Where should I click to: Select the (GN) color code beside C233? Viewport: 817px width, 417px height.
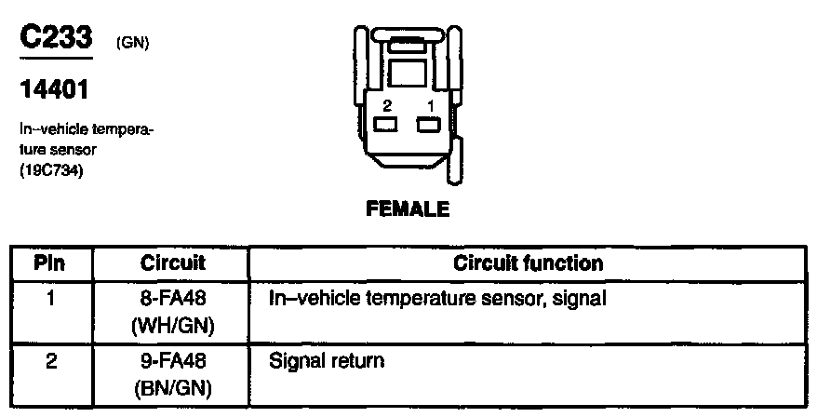tap(133, 44)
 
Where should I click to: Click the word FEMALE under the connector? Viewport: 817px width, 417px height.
tap(408, 208)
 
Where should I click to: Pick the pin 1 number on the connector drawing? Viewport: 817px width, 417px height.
tap(430, 106)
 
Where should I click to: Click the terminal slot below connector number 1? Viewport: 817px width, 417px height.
tap(428, 125)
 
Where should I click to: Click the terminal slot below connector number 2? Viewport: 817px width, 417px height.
tap(385, 125)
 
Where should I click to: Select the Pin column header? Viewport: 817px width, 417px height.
tap(50, 263)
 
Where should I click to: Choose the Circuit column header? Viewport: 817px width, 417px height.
tap(172, 263)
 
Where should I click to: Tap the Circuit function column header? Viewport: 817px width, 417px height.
tap(528, 263)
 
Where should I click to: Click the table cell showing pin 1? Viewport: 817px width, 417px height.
tap(50, 300)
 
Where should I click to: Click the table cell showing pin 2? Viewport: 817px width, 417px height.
tap(50, 359)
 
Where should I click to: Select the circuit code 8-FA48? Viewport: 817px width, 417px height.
tap(172, 300)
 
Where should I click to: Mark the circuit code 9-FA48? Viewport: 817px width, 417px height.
tap(172, 359)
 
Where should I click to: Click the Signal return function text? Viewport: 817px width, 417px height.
tap(326, 359)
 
